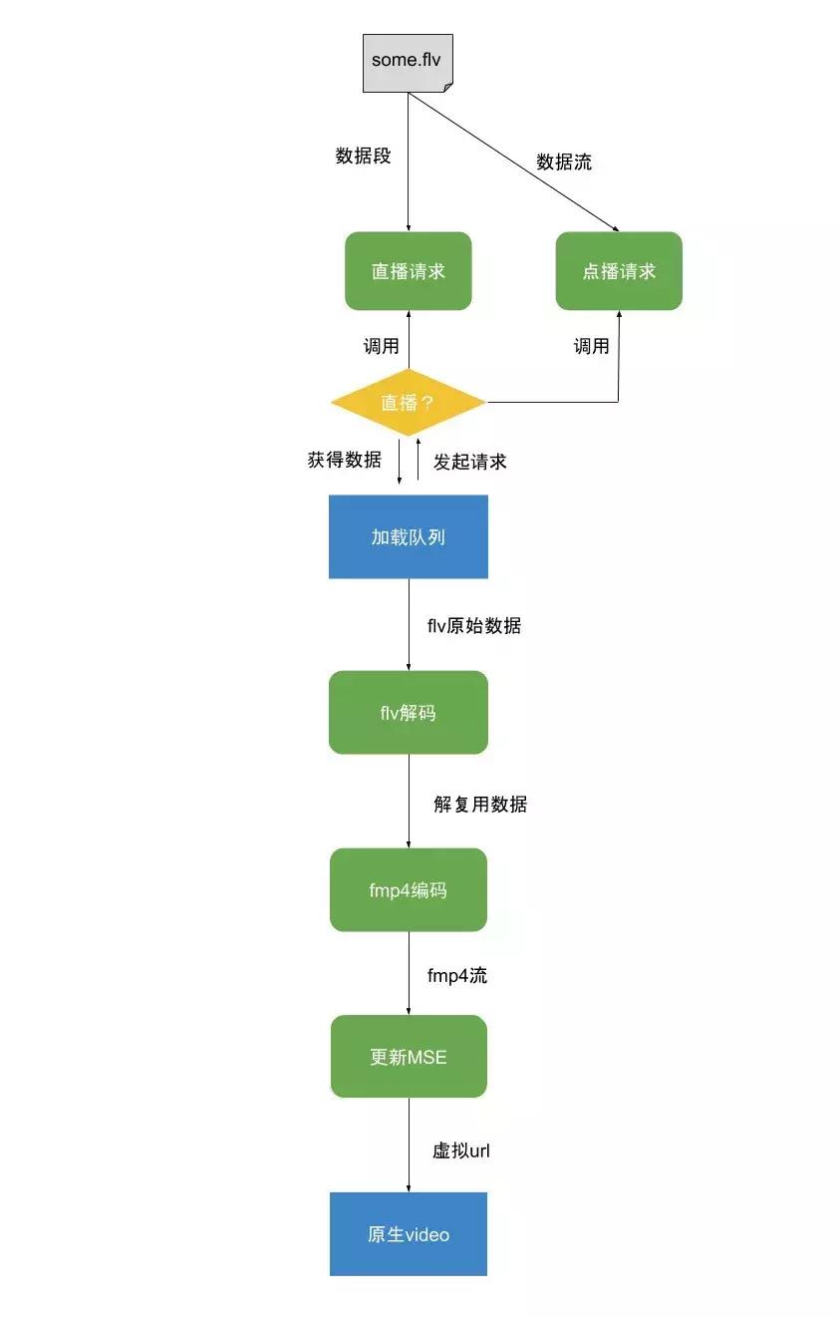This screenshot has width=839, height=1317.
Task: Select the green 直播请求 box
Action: click(409, 271)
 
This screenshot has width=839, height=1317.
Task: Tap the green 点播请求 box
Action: click(619, 271)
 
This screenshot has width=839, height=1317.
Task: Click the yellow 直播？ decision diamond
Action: click(409, 403)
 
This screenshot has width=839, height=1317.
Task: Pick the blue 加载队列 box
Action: click(409, 537)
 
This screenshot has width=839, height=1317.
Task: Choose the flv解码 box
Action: click(409, 713)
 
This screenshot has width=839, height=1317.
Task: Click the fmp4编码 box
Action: click(409, 890)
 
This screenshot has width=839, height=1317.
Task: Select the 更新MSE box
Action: click(409, 1057)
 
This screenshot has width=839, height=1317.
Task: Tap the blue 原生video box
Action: click(409, 1234)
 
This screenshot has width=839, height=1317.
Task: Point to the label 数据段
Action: click(364, 157)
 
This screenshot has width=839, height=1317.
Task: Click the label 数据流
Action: click(564, 162)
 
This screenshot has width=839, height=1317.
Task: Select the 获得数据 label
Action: click(345, 461)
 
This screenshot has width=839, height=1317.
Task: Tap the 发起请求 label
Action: click(470, 462)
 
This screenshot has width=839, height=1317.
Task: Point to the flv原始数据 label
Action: click(474, 626)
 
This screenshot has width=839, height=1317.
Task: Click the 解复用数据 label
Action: click(480, 804)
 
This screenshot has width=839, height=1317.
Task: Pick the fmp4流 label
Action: click(457, 976)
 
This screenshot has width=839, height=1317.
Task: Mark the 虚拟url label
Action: click(461, 1151)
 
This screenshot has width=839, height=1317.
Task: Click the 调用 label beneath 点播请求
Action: click(591, 346)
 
